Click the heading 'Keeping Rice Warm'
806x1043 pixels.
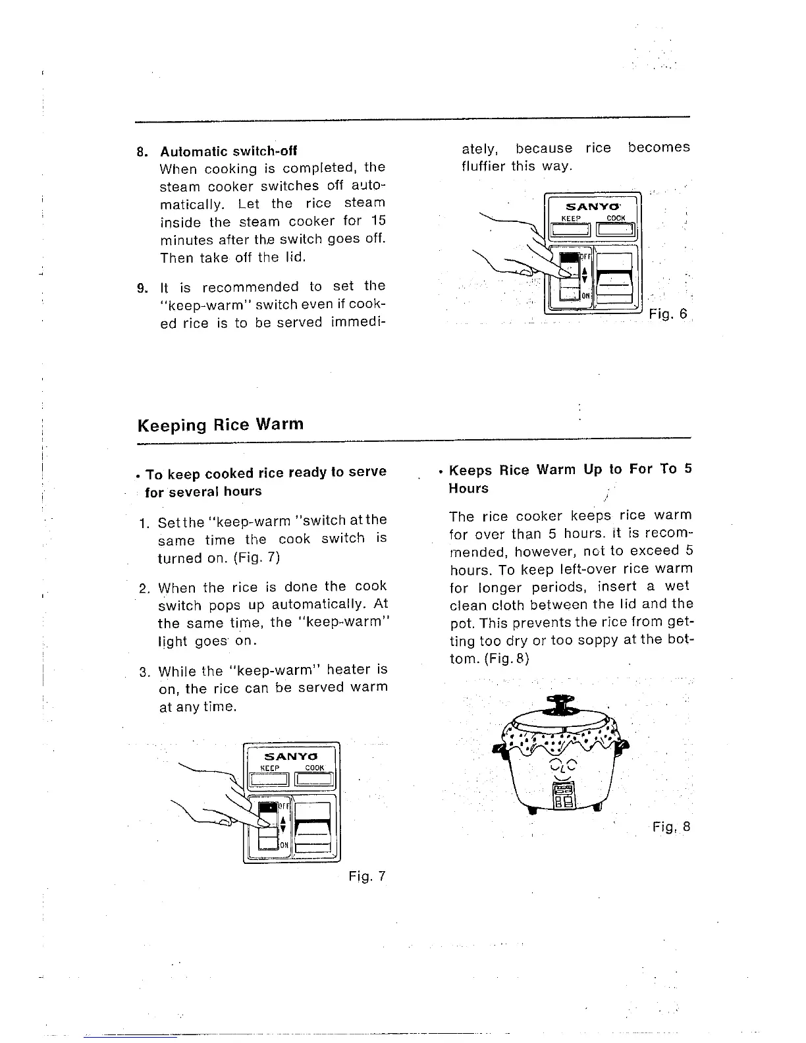tap(221, 425)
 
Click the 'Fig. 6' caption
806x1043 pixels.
tap(668, 314)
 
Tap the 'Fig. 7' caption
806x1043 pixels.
tap(367, 876)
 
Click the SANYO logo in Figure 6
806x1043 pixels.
tap(590, 206)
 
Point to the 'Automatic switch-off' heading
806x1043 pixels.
tap(228, 151)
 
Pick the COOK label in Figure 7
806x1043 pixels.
tap(315, 768)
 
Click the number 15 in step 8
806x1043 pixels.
tap(377, 221)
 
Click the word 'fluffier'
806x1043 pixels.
tap(484, 166)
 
